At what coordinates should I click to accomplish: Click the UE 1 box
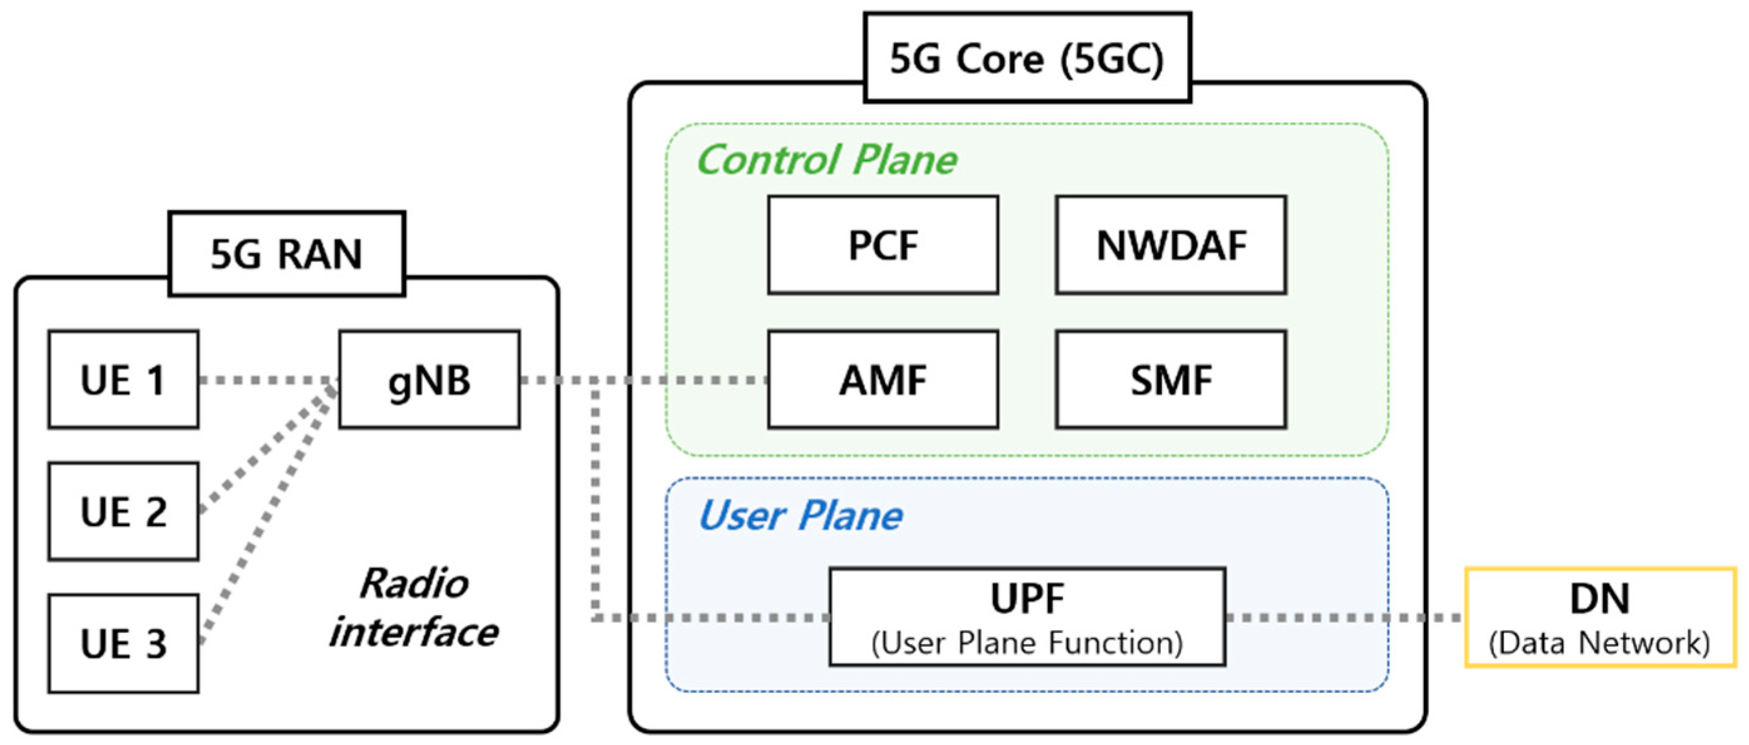(123, 380)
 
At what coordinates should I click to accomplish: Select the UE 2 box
(123, 511)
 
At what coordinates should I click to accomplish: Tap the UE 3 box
(123, 643)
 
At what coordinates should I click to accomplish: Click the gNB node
(429, 380)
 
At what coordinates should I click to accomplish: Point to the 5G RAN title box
(286, 254)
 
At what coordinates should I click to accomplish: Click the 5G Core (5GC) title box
(1027, 58)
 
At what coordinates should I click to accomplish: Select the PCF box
(883, 245)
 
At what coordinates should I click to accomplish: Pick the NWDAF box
(1171, 245)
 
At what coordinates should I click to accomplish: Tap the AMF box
(883, 380)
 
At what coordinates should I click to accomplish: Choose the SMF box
(1171, 380)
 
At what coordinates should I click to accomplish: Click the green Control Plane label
(826, 160)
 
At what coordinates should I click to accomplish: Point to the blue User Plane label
(800, 516)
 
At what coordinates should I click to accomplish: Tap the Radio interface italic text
(414, 608)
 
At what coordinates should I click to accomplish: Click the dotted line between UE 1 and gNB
(268, 380)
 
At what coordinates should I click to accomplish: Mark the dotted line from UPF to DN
(1344, 617)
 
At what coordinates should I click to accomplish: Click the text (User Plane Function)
(1027, 642)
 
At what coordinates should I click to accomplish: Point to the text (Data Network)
(1600, 642)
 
